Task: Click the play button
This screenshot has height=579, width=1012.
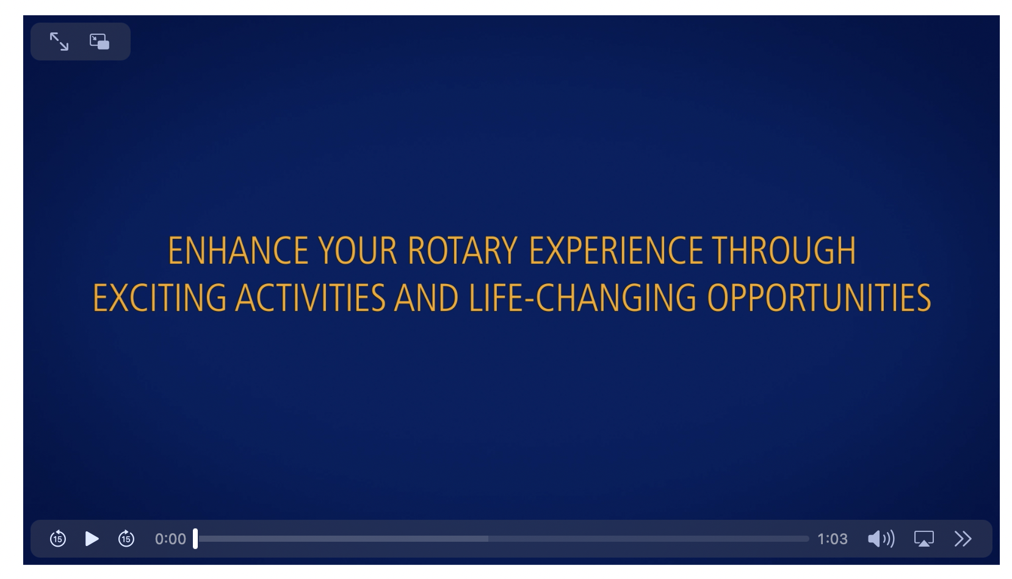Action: tap(92, 539)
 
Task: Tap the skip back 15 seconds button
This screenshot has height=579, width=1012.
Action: tap(58, 539)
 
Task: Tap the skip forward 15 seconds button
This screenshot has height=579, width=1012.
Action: tap(126, 539)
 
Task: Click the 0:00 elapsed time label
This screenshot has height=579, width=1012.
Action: tap(170, 539)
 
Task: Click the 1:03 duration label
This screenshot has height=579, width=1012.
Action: tap(833, 539)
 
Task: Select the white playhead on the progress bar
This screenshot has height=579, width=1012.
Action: tap(195, 539)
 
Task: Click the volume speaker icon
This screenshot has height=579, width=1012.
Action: tap(881, 539)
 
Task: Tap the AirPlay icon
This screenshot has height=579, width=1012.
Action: tap(923, 539)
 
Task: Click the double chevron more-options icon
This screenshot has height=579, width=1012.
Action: tap(963, 539)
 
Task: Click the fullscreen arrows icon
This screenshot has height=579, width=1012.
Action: tap(59, 42)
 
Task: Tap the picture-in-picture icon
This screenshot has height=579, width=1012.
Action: tap(99, 42)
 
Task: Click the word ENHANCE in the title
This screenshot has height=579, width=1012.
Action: tap(238, 251)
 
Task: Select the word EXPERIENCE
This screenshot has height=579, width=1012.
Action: tap(616, 251)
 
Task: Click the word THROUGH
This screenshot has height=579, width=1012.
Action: tap(784, 251)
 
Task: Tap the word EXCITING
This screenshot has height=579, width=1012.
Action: tap(159, 298)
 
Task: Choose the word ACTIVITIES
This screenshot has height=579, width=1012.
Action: tap(311, 298)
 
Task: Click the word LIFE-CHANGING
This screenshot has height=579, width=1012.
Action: tap(582, 298)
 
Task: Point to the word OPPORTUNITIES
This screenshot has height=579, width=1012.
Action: tap(819, 298)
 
